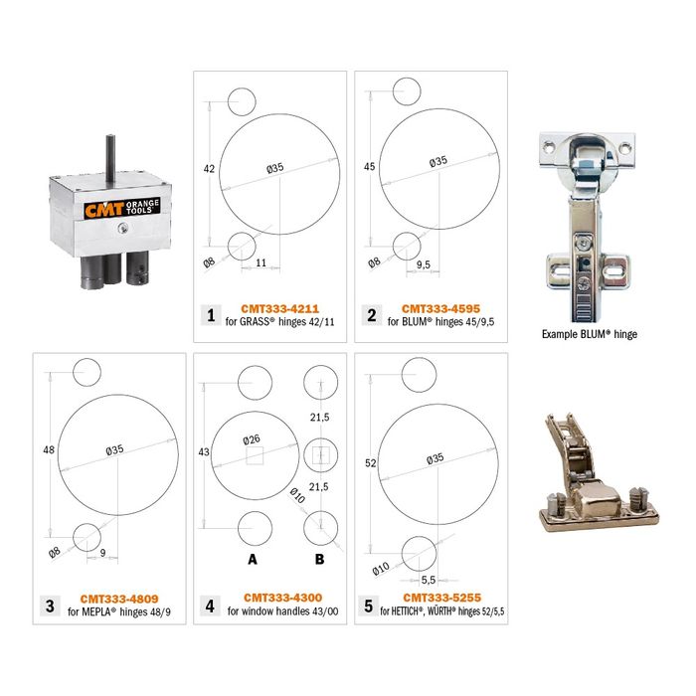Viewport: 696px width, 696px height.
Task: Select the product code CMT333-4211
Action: (x=280, y=308)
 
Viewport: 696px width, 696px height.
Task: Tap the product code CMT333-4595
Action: (x=441, y=308)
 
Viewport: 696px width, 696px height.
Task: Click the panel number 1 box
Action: (x=210, y=315)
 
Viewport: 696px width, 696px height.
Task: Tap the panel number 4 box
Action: (x=210, y=606)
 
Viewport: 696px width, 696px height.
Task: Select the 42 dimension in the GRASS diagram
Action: (x=209, y=170)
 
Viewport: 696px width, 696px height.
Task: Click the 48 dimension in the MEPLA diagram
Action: (x=48, y=450)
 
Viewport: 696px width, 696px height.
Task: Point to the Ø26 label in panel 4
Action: (x=253, y=439)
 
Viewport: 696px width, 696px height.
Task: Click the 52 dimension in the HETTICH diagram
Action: (x=370, y=462)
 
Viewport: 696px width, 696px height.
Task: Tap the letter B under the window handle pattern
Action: (x=319, y=560)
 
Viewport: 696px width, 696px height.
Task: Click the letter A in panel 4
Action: (x=253, y=560)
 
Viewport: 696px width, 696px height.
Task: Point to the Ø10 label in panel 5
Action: (x=381, y=568)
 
